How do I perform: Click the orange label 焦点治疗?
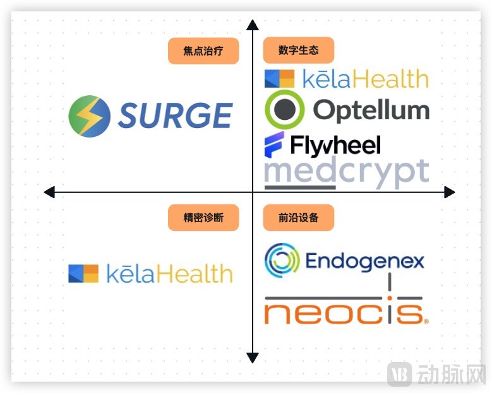[203, 51]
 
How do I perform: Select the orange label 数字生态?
[299, 50]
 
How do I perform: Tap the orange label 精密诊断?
[203, 218]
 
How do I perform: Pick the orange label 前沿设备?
[299, 218]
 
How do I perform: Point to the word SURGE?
[175, 116]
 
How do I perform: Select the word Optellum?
[371, 110]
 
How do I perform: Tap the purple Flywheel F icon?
[275, 146]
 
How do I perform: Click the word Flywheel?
[335, 146]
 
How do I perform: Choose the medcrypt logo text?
[346, 172]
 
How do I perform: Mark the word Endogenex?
[364, 261]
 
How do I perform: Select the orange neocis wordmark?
[344, 313]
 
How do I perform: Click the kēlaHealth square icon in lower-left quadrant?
[83, 273]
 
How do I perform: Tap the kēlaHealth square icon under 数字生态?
[279, 78]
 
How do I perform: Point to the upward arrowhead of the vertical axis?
[253, 25]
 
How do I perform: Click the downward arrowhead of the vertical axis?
[253, 358]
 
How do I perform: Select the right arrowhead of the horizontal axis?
[449, 192]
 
